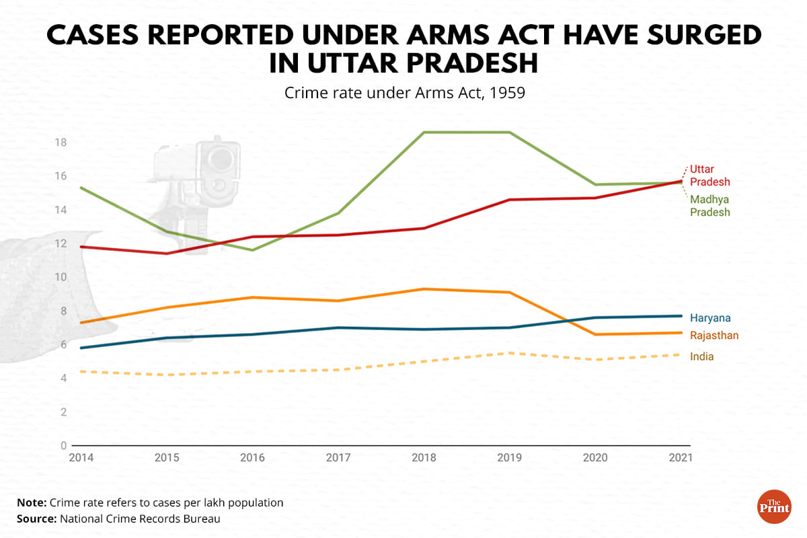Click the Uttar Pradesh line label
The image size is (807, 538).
coord(709,176)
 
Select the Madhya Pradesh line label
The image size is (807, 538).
coord(709,206)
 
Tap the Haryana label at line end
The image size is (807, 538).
coord(710,318)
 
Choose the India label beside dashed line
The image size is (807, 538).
coord(701,356)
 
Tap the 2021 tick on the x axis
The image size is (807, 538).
coord(681,457)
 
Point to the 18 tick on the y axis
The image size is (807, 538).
coord(61,143)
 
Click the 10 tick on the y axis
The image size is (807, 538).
coord(61,277)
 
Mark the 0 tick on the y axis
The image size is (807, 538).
coord(64,445)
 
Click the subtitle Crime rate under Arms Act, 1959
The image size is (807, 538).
coord(404,92)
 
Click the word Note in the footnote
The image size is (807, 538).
coord(31,502)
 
